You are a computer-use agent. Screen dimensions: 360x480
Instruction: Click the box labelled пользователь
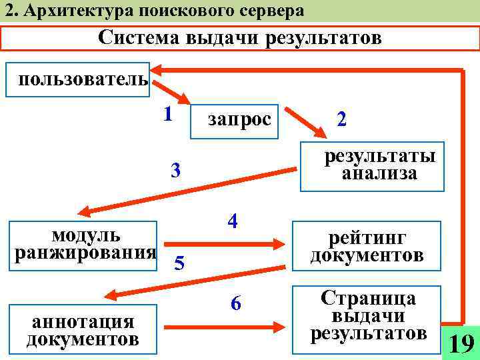[x=77, y=80]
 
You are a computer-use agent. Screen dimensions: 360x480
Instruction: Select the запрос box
[x=234, y=120]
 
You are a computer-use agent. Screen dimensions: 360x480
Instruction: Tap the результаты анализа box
[x=371, y=166]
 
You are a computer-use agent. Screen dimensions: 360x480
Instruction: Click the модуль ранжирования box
[x=84, y=245]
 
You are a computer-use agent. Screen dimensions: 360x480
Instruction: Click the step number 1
[x=168, y=113]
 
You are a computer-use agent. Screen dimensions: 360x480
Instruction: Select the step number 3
[x=176, y=171]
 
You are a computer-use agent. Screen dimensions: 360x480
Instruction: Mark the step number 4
[x=233, y=221]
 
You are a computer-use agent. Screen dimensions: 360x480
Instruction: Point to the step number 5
[x=179, y=264]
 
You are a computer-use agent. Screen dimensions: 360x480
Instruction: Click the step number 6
[x=235, y=304]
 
